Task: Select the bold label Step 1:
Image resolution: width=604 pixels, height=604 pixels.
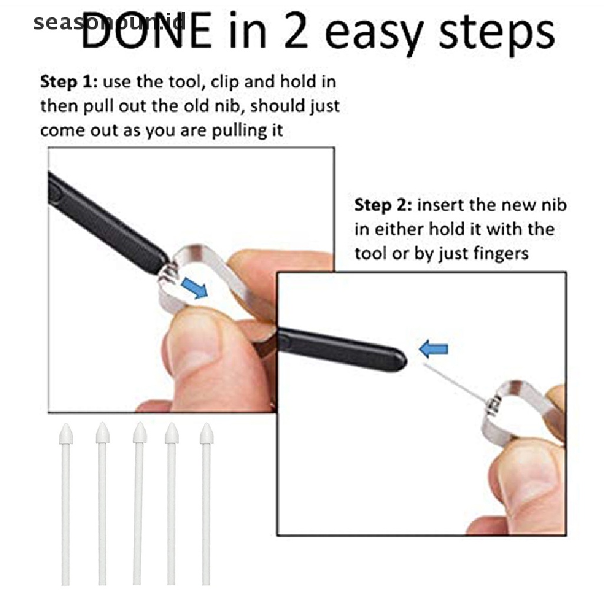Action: pyautogui.click(x=65, y=81)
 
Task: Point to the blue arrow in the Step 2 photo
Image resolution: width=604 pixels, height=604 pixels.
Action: pyautogui.click(x=434, y=349)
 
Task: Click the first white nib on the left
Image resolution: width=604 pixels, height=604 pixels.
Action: pyautogui.click(x=65, y=501)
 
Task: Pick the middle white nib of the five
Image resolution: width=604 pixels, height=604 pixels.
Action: pyautogui.click(x=138, y=501)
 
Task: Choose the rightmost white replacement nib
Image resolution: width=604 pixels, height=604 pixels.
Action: pyautogui.click(x=206, y=501)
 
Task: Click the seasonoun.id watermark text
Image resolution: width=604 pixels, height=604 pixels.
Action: pyautogui.click(x=110, y=24)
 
